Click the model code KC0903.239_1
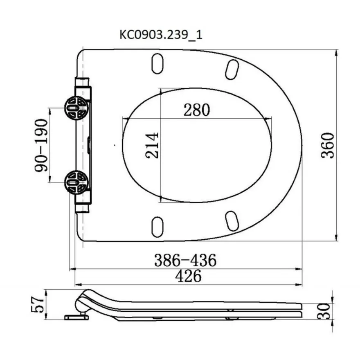(161, 35)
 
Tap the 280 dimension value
(196, 110)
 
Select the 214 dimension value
(152, 145)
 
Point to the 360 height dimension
(327, 145)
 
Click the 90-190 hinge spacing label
(41, 145)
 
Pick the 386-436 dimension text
(185, 260)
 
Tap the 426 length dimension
(188, 276)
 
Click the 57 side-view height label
(37, 304)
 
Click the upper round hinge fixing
(76, 108)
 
